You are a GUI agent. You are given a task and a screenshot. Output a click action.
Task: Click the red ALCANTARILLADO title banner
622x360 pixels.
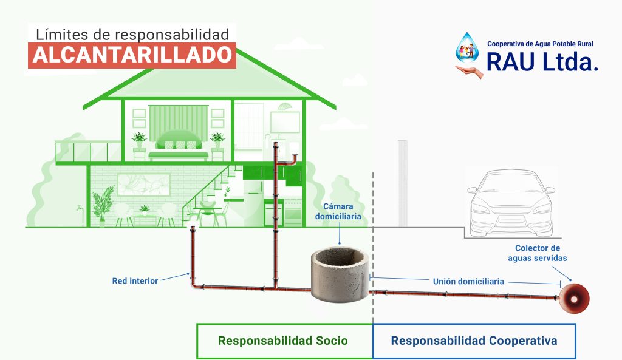(132, 55)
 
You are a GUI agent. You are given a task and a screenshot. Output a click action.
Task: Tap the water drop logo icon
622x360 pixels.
(467, 47)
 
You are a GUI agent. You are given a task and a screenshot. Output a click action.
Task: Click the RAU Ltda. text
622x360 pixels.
(542, 62)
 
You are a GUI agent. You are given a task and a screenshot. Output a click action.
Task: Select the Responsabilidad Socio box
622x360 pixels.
(284, 341)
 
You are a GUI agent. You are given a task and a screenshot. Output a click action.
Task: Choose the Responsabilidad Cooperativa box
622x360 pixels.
(474, 341)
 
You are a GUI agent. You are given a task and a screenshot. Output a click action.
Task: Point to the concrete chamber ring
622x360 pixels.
(340, 274)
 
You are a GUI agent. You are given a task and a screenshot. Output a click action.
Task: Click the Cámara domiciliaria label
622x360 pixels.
(338, 211)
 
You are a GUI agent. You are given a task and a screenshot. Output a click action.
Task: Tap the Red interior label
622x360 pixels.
(135, 280)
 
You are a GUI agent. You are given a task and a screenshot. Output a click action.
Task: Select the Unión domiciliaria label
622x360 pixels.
(468, 282)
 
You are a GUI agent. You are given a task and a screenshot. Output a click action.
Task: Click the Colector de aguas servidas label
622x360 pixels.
(538, 253)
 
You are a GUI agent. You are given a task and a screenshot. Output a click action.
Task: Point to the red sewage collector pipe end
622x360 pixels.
(574, 299)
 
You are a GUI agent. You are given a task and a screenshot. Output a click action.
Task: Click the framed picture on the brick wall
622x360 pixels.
(143, 185)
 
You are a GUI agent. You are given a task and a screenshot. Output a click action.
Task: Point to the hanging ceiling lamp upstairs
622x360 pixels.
(284, 106)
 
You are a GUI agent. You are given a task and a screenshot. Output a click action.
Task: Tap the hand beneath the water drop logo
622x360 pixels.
(469, 72)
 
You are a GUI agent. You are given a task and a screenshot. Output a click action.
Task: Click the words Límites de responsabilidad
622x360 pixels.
(132, 34)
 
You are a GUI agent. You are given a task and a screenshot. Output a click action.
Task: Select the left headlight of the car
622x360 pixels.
(481, 206)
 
